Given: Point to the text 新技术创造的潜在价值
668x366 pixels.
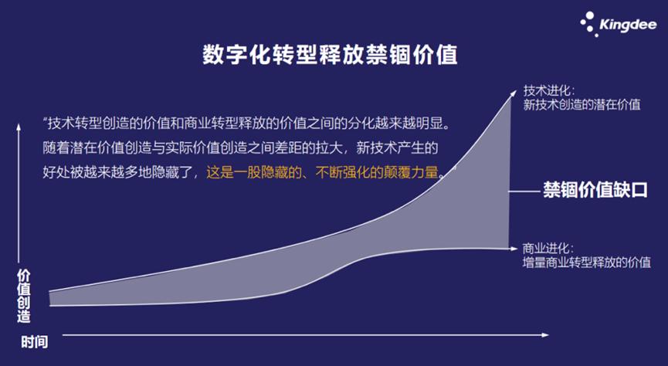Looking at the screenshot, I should click(581, 104).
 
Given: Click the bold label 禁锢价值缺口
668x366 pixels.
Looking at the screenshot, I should click(592, 189).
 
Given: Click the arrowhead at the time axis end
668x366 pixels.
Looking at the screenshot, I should click(545, 335).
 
